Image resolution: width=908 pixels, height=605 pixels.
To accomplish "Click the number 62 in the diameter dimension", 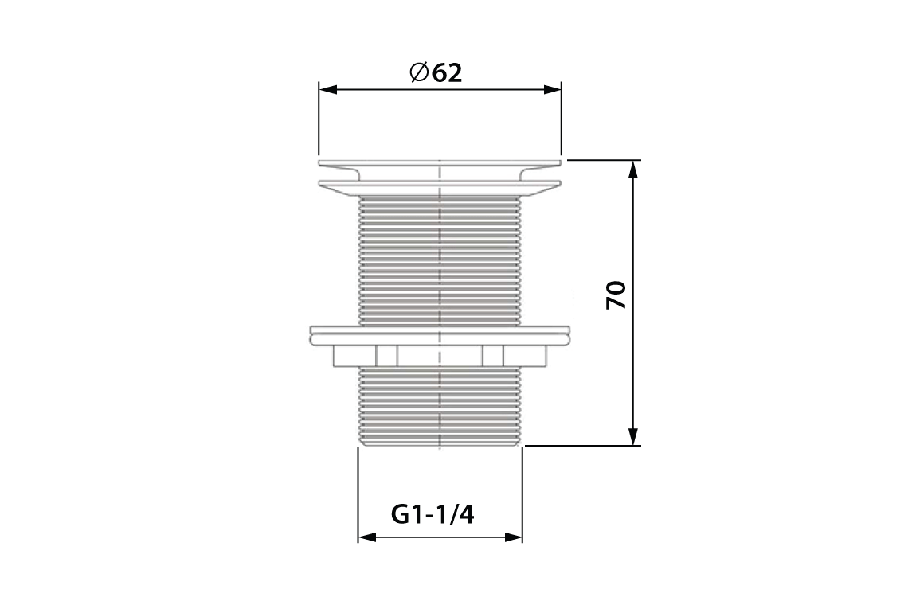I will (448, 72).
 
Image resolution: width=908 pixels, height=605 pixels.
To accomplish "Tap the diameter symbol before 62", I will (419, 72).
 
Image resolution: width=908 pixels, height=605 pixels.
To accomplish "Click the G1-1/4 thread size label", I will (432, 514).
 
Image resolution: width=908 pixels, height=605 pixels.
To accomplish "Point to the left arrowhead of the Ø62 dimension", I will (325, 90).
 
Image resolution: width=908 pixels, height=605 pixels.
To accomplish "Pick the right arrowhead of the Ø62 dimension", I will (554, 90).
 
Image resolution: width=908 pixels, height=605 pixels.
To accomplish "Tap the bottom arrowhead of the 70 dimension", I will (633, 438).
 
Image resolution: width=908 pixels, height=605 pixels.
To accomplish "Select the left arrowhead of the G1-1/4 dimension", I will (365, 538).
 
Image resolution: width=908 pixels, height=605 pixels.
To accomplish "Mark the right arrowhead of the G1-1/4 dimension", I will (515, 538).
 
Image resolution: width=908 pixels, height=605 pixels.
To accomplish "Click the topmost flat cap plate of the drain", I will (440, 163).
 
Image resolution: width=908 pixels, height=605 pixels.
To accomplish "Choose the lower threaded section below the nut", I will (440, 406).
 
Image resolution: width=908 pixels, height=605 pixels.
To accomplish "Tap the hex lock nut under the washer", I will (440, 355).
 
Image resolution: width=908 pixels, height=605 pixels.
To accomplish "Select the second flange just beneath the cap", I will (440, 186).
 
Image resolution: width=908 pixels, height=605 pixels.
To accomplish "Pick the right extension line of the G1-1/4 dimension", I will (522, 494).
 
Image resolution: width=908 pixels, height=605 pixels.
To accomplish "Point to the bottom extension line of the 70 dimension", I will (581, 447).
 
